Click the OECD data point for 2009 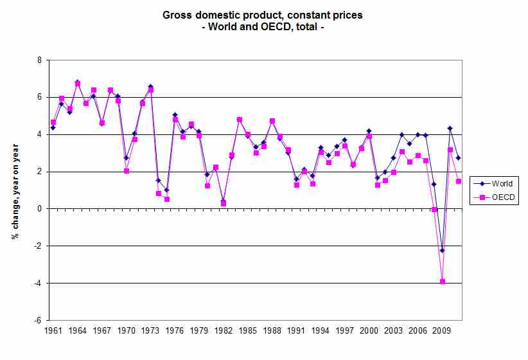pos(442,282)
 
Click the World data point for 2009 pos(442,250)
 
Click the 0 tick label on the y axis pos(39,209)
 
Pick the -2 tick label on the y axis pos(37,246)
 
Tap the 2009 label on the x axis pos(441,331)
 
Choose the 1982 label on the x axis pos(223,331)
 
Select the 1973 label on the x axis pos(150,331)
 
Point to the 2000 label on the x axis pos(369,331)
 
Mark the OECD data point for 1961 pos(53,122)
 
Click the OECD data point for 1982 pos(223,203)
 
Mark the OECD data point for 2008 pos(434,210)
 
